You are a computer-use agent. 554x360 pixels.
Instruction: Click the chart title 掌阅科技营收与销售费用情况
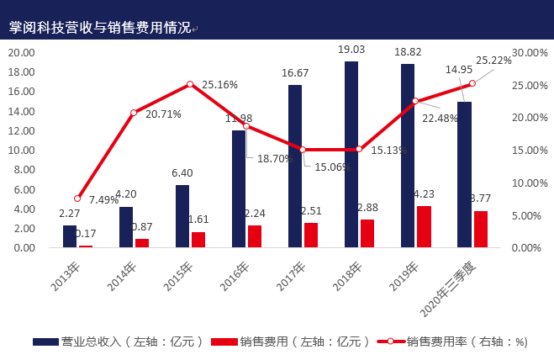[99, 28]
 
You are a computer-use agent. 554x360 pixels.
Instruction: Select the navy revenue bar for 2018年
[351, 155]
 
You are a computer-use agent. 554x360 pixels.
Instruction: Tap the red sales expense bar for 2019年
[424, 226]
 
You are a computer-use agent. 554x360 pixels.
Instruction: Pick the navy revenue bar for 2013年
[70, 236]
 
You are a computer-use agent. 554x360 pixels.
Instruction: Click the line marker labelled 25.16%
[190, 84]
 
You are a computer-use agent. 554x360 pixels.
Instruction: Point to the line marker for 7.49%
[77, 199]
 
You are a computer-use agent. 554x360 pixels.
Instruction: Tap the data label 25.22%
[493, 61]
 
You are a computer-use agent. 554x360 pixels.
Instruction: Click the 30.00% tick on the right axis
[529, 52]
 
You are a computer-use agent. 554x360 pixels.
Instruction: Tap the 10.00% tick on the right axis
[529, 183]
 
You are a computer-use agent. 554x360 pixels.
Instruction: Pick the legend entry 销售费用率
[451, 341]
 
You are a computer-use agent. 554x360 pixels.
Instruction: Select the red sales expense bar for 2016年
[255, 236]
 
